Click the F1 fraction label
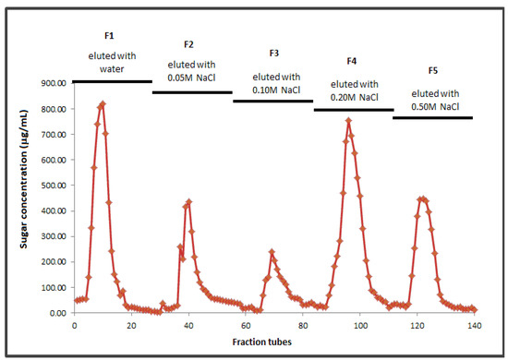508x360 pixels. click(x=109, y=35)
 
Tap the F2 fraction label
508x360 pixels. click(x=188, y=44)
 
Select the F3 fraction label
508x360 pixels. click(x=274, y=54)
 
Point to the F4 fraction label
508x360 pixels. click(x=351, y=61)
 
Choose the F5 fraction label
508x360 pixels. click(x=433, y=70)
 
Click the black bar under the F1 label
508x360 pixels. click(x=111, y=82)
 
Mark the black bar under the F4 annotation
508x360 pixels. click(x=353, y=110)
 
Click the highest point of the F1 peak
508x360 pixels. click(x=103, y=103)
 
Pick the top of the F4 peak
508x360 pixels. click(x=348, y=120)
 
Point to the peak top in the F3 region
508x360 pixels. click(x=272, y=251)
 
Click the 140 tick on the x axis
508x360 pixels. click(x=474, y=325)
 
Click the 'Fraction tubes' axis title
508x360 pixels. click(x=274, y=342)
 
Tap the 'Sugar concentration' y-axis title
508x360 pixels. click(x=20, y=198)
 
